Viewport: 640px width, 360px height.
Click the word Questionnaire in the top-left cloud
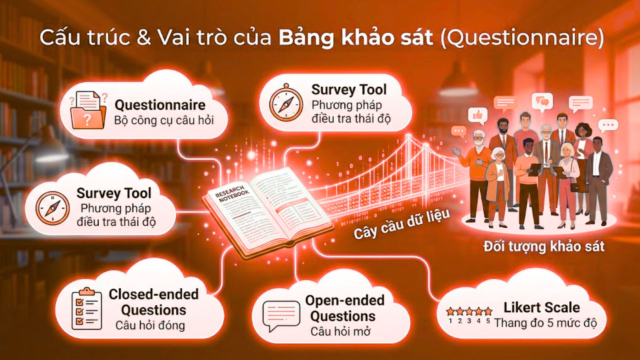click(160, 105)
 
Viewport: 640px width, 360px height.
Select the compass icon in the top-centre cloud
click(286, 103)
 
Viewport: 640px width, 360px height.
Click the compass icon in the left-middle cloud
click(53, 208)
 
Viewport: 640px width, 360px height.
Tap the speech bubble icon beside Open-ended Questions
click(281, 315)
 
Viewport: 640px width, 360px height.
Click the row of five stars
click(469, 312)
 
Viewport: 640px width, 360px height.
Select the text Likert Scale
click(541, 307)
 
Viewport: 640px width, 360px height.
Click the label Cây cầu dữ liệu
click(402, 224)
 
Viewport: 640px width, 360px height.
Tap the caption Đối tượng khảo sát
click(544, 247)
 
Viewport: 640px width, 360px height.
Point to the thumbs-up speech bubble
click(477, 115)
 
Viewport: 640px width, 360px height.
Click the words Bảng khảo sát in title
click(356, 38)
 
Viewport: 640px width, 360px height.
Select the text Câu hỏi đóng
click(150, 325)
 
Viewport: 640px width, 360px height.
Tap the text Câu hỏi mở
click(340, 331)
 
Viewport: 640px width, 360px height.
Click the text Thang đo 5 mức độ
click(545, 323)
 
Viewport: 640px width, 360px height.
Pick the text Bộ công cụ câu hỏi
click(164, 120)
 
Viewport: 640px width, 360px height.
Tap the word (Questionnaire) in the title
click(522, 38)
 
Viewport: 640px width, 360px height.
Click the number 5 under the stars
click(488, 321)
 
